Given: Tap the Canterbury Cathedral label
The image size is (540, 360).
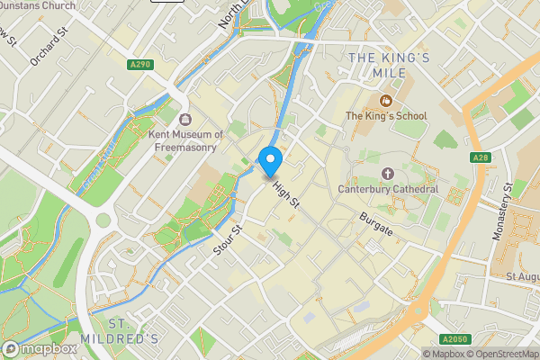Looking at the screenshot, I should point(388,189).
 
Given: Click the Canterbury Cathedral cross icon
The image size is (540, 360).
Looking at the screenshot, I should point(388,173).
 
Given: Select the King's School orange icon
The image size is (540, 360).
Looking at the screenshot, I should point(386,100).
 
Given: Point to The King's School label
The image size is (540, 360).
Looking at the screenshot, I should point(386,116).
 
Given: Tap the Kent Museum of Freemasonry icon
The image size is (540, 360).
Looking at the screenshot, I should point(185,120).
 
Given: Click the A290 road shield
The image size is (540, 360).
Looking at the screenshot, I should point(139,65).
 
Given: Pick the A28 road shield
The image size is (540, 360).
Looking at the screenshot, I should point(480,158).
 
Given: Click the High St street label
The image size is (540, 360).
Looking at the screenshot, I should point(285,192).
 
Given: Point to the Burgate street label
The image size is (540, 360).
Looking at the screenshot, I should point(376,224).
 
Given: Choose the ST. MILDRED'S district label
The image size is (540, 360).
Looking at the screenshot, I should point(133,331).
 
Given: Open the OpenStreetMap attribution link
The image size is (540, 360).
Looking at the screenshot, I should point(502,354).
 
